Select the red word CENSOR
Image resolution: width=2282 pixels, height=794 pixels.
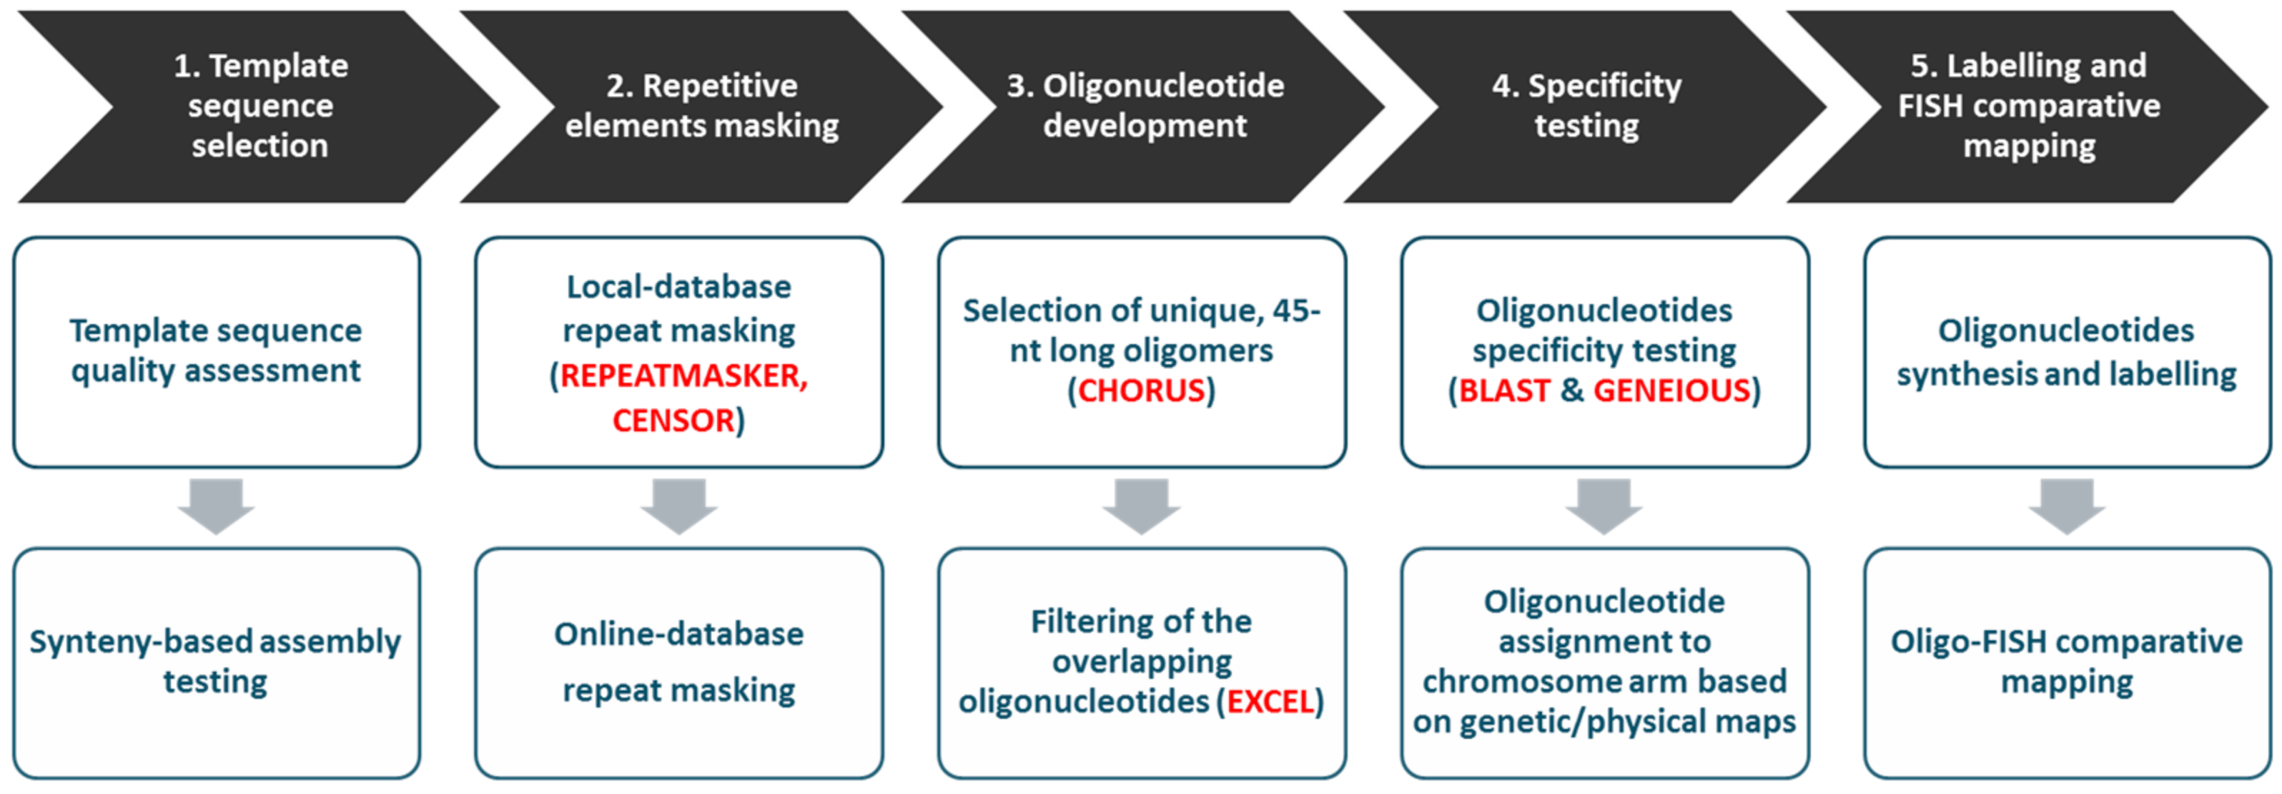point(673,420)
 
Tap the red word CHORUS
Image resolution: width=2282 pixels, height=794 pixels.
point(1141,391)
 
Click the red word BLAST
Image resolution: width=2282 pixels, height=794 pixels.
point(1503,391)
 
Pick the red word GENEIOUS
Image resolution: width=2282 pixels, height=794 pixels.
point(1671,391)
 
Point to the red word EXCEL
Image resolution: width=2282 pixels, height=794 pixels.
point(1270,702)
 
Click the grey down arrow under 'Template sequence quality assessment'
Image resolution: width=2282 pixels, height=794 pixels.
point(216,506)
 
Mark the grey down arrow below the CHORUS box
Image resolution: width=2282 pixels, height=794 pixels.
point(1141,506)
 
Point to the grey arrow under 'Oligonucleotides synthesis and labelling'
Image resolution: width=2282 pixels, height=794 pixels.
point(2067,506)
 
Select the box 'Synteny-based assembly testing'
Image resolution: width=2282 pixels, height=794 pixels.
point(216,663)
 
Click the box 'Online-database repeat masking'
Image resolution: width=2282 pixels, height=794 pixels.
point(678,663)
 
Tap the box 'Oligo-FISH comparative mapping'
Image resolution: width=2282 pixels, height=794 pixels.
point(2067,663)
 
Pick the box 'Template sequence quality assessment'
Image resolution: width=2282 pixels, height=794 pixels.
point(216,351)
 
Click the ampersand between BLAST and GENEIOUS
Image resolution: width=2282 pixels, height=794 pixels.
point(1571,391)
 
